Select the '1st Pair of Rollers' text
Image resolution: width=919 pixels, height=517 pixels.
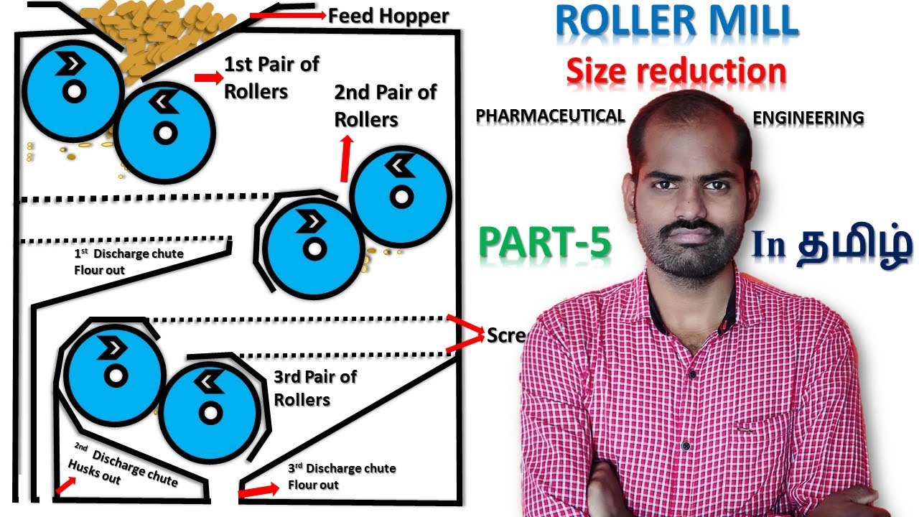point(271,78)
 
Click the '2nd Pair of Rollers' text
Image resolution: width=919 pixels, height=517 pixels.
point(385,105)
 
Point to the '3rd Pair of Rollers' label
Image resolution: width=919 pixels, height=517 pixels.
point(314,388)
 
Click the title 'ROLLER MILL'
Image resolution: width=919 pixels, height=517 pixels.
point(676,23)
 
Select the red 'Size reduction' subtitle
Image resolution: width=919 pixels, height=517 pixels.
point(676,71)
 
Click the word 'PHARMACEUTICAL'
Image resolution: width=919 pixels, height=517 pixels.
point(550,116)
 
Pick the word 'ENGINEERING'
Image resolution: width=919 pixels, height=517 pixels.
point(808,117)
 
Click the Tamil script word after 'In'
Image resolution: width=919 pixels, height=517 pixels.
point(855,246)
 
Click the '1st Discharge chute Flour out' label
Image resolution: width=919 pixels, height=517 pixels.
point(129,262)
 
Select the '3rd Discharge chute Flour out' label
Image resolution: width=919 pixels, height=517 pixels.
point(341,476)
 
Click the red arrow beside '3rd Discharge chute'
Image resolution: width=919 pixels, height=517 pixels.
point(258,491)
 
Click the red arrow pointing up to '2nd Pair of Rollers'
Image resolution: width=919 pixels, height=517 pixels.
point(346,160)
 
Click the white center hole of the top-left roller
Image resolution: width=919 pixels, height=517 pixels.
point(73,92)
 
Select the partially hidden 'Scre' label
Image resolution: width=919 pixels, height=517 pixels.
point(505,335)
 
